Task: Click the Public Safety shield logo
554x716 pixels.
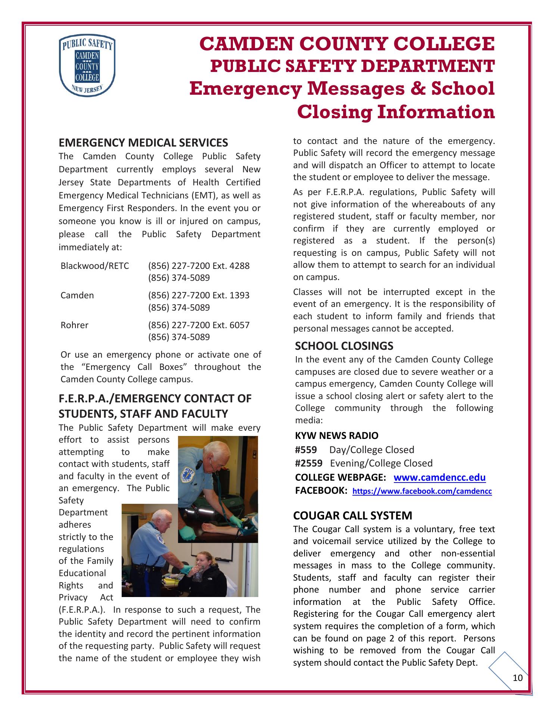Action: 87,66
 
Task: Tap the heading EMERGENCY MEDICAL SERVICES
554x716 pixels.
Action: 143,143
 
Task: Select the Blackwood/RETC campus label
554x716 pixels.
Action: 95,266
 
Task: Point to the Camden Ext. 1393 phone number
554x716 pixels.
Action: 199,295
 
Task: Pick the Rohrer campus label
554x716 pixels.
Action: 75,325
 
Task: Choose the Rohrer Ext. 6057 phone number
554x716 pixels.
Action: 199,325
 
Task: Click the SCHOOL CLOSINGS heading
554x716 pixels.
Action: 344,346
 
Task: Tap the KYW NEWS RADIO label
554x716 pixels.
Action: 336,436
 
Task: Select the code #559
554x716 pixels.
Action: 306,450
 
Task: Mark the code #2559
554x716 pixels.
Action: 308,463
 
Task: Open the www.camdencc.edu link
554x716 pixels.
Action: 439,478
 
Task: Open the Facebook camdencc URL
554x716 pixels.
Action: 422,492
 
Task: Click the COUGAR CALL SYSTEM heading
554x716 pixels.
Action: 352,516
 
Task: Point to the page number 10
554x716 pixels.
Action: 517,678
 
